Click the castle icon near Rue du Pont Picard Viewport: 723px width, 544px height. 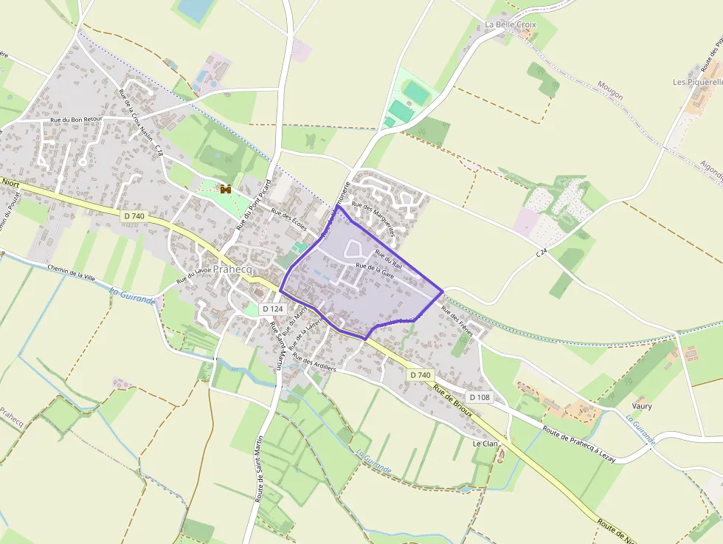coord(226,190)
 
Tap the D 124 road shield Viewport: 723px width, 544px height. coord(272,309)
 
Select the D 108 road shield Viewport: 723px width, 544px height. coord(479,397)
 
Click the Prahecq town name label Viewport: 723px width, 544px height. coord(232,270)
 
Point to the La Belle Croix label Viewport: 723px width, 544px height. coord(511,24)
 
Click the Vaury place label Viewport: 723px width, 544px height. coord(642,406)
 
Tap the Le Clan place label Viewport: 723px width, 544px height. coord(485,444)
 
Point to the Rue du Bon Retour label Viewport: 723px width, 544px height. coord(76,118)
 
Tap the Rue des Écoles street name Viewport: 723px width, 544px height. coord(288,221)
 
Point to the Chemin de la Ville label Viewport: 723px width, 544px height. coord(72,272)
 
